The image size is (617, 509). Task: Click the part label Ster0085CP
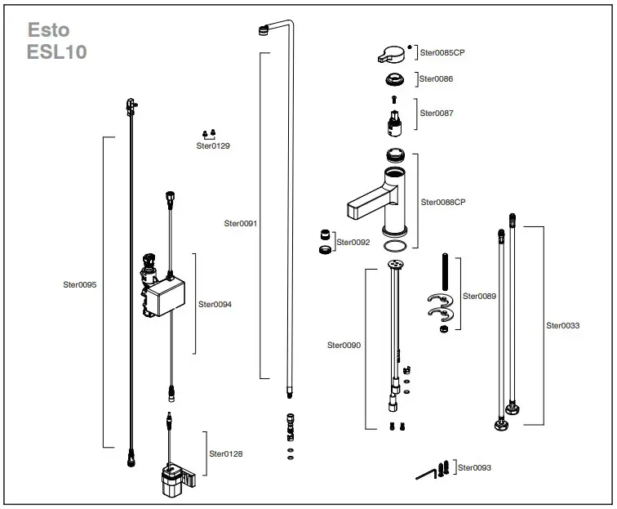click(442, 52)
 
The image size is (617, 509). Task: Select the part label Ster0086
click(437, 79)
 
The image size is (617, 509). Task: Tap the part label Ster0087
click(437, 114)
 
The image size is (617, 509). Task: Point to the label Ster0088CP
click(443, 202)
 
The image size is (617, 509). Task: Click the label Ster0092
click(353, 243)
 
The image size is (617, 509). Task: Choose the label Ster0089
click(479, 296)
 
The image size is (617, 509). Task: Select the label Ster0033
click(563, 325)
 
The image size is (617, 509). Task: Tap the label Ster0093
click(474, 468)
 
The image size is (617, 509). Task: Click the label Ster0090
click(344, 345)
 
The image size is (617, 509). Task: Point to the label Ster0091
click(240, 222)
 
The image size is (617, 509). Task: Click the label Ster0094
click(215, 304)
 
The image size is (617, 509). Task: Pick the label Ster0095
click(80, 285)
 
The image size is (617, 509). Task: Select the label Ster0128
click(226, 453)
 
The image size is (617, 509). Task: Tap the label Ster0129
click(213, 146)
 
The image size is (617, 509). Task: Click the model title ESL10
click(57, 52)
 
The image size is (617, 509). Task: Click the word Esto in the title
click(49, 30)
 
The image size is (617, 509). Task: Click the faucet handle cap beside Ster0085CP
click(393, 55)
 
